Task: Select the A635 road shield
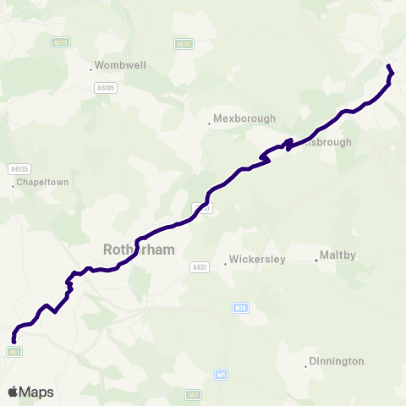point(183,43)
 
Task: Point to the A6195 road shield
point(105,87)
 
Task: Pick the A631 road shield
point(200,267)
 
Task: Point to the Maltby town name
point(338,255)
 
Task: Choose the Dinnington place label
point(336,361)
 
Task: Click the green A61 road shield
point(14,352)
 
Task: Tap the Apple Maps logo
point(30,392)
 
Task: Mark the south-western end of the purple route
point(14,341)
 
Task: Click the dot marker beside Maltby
point(316,260)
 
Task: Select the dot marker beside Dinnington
point(306,366)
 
